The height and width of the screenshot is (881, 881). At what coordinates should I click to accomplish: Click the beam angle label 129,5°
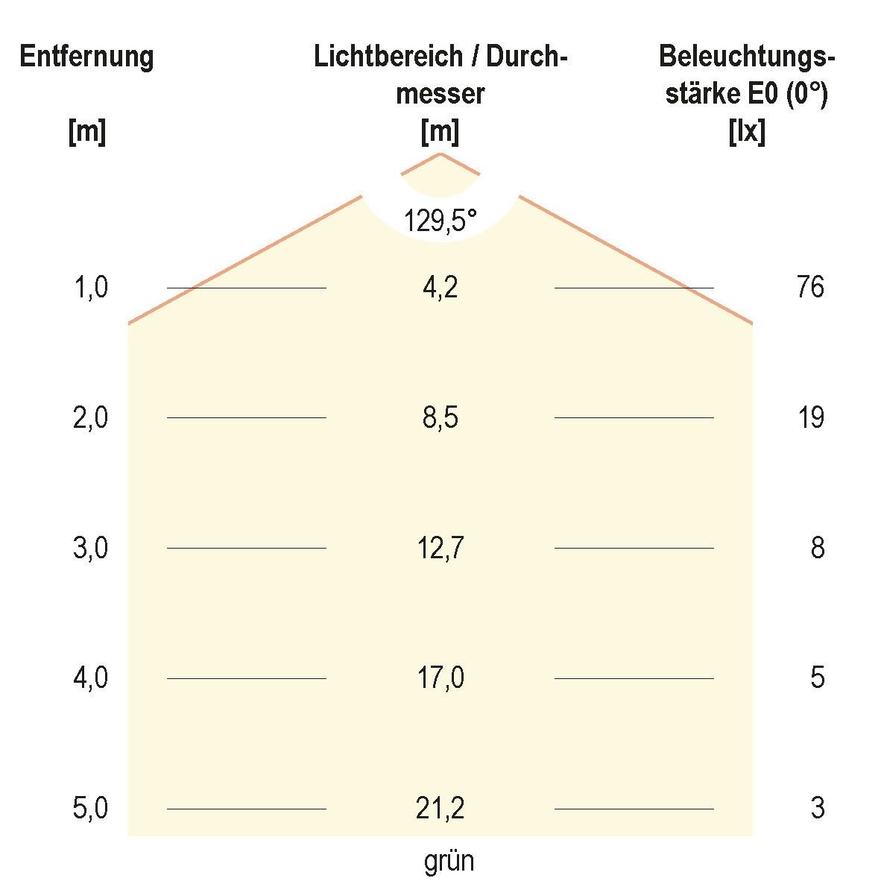(440, 221)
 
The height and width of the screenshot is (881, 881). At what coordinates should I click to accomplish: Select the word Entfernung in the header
(86, 57)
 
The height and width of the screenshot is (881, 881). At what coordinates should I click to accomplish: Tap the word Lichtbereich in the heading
(385, 57)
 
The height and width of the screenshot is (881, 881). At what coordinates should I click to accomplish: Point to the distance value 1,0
(90, 287)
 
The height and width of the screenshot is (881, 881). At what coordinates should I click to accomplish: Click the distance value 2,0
(90, 417)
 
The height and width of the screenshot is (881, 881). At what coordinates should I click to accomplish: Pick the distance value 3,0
(90, 548)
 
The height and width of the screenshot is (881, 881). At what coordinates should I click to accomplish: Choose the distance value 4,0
(90, 678)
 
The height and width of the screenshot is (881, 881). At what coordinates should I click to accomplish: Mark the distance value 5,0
(90, 808)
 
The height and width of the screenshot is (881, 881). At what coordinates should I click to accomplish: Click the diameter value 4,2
(440, 287)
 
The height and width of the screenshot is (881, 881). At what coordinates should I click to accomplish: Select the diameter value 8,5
(440, 417)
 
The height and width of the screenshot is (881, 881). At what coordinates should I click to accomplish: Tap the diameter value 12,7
(440, 548)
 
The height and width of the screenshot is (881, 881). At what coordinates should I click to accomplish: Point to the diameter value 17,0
(440, 678)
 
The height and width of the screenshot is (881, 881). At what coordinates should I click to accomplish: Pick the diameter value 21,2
(440, 808)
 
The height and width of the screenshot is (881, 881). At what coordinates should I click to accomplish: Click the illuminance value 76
(810, 287)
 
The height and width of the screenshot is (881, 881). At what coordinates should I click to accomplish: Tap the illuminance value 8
(818, 548)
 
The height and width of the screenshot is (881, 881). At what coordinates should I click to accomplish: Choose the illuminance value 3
(818, 808)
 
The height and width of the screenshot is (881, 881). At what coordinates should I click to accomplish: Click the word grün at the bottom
(449, 862)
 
